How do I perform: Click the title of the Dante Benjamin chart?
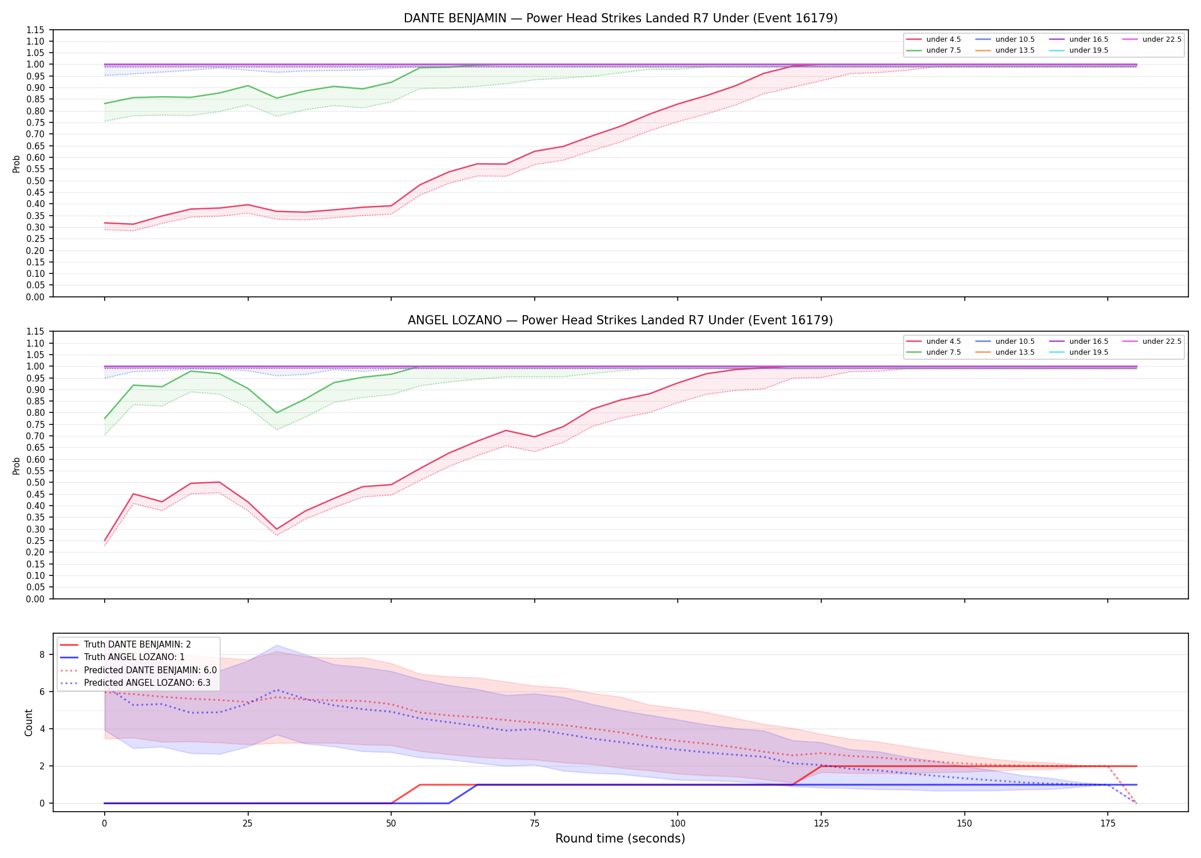point(621,18)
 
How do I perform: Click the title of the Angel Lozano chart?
point(621,320)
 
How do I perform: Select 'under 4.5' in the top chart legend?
point(933,39)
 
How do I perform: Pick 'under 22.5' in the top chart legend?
point(1152,39)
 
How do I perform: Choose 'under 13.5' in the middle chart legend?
point(1005,352)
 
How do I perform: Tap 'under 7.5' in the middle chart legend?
point(933,352)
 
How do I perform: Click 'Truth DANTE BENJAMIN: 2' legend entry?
point(125,645)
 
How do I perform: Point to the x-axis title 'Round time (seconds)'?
point(620,839)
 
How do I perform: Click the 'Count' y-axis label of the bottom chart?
point(29,722)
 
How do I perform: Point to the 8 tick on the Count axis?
point(42,654)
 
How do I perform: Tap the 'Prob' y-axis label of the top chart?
point(17,164)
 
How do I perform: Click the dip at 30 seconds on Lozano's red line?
point(276,530)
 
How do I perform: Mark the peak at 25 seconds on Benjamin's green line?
point(248,86)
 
